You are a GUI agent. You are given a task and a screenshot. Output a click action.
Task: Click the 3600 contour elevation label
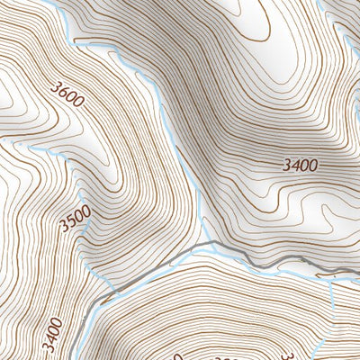[68, 94]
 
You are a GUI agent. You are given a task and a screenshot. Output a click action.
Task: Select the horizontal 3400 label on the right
[300, 165]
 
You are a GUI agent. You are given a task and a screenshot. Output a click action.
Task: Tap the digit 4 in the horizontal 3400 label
[292, 165]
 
